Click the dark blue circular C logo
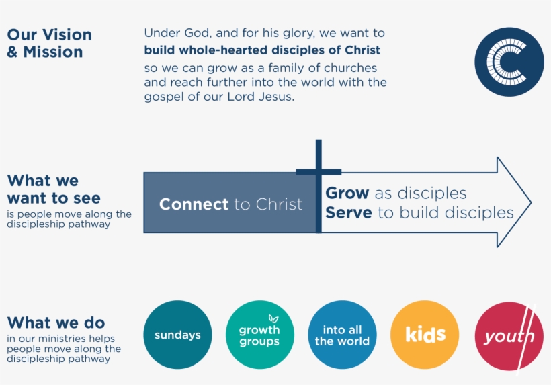[509, 62]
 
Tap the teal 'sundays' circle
[177, 335]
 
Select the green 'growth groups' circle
[259, 335]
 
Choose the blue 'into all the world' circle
[342, 335]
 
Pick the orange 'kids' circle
[425, 335]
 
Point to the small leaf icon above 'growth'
[273, 318]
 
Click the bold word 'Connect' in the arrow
[194, 204]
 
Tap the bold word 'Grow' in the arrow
[347, 194]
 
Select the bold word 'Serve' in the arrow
[348, 213]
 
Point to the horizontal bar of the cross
[319, 173]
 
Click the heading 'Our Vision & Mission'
[48, 43]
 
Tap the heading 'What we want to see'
[53, 189]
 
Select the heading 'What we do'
[56, 323]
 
